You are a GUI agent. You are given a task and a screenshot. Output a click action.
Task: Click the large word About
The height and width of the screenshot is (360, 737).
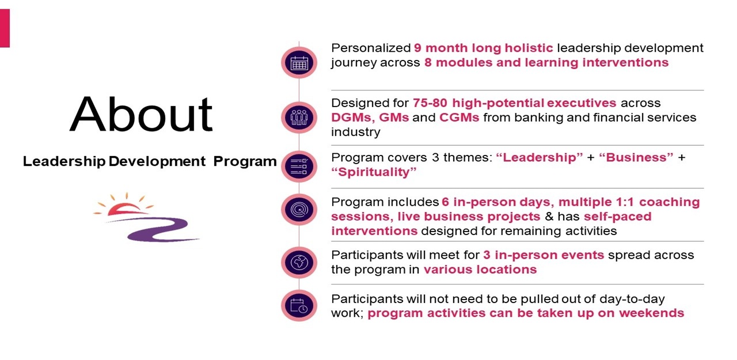click(141, 114)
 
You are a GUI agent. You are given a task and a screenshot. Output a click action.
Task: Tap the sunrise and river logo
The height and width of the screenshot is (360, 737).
click(146, 218)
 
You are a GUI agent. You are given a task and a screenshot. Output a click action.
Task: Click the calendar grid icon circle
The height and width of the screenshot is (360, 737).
click(299, 63)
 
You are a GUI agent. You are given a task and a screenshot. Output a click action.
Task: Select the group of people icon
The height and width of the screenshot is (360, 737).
click(299, 118)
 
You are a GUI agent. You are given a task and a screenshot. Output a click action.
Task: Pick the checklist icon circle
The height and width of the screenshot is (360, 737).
click(299, 166)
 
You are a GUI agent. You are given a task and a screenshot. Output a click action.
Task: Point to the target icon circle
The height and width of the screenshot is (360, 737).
click(299, 210)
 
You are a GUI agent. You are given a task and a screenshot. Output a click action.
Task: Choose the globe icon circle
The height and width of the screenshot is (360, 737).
click(299, 263)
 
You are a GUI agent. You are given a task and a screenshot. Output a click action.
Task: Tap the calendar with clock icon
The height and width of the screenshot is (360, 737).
click(299, 306)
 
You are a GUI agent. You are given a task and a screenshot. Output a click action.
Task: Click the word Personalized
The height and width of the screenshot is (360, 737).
click(371, 48)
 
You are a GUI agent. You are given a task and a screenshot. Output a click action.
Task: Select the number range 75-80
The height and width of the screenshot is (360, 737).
click(430, 103)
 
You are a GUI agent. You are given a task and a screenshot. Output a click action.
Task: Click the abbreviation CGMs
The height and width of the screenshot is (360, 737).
click(459, 118)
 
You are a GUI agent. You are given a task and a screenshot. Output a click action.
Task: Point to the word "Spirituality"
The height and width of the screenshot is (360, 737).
click(374, 172)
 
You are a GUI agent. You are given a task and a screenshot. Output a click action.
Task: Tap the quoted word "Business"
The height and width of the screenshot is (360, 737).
click(636, 157)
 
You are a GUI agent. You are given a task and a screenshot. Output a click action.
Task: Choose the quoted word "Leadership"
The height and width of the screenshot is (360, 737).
click(540, 157)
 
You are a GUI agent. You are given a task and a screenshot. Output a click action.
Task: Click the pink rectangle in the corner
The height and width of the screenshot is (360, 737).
click(5, 28)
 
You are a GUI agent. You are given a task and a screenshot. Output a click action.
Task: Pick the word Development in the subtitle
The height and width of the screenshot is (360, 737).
click(157, 161)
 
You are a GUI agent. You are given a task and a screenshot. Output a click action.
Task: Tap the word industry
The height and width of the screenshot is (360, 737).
click(356, 132)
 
